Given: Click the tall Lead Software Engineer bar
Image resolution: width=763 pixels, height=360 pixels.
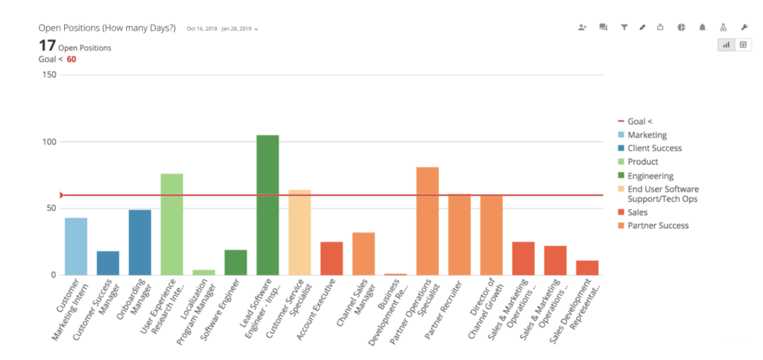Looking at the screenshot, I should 267,205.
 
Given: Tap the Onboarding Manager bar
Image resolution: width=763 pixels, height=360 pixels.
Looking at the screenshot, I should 140,242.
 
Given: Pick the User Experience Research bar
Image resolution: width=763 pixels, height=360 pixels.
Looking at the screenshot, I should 172,224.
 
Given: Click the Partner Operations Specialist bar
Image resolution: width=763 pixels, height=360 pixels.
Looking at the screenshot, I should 428,221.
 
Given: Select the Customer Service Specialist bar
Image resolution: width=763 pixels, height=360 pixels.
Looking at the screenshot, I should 300,232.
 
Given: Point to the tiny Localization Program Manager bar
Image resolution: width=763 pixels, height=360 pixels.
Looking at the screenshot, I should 204,272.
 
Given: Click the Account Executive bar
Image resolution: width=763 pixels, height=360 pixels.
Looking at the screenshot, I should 332,258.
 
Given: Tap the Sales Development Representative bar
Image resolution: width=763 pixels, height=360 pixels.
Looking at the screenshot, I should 587,268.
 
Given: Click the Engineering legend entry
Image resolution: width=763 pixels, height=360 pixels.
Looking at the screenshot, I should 650,176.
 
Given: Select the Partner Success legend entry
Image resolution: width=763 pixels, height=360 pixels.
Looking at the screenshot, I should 658,225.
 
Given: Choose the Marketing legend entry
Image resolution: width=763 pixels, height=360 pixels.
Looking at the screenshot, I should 647,135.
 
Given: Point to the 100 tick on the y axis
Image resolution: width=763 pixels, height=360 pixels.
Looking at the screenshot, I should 48,142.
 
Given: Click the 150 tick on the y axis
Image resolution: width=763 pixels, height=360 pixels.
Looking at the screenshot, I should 48,75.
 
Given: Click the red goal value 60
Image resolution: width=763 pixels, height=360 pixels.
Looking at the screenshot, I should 72,59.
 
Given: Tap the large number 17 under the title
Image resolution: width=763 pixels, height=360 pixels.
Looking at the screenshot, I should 47,45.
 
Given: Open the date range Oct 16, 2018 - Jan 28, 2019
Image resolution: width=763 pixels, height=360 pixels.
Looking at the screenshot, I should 223,29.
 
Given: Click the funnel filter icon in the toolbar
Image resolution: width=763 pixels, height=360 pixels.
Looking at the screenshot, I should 624,27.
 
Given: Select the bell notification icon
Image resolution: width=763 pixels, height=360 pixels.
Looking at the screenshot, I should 702,27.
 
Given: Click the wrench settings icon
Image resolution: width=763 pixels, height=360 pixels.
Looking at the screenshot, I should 744,27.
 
